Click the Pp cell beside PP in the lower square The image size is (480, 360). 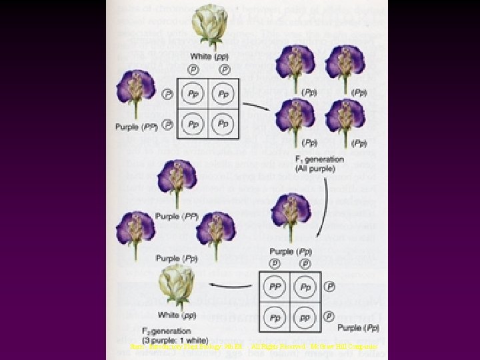305,287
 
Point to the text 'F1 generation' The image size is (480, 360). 319,159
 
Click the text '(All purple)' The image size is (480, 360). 319,168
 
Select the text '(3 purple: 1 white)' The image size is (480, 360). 176,339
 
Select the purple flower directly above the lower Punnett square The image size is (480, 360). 291,215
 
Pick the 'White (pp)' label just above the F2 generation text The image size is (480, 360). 176,315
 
